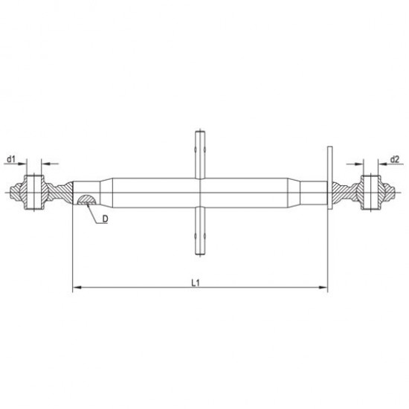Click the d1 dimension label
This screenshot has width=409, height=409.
(x=11, y=159)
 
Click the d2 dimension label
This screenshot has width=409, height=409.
(x=395, y=159)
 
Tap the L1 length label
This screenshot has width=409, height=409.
(x=196, y=283)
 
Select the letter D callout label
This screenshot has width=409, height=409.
(x=105, y=219)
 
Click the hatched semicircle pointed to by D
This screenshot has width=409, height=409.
(x=87, y=199)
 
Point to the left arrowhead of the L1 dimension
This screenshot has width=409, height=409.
(x=77, y=288)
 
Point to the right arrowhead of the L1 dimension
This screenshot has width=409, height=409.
(x=323, y=288)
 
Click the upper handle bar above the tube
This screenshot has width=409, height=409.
(x=200, y=155)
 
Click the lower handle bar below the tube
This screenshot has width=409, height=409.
(x=200, y=231)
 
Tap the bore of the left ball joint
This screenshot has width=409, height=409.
(x=34, y=193)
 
